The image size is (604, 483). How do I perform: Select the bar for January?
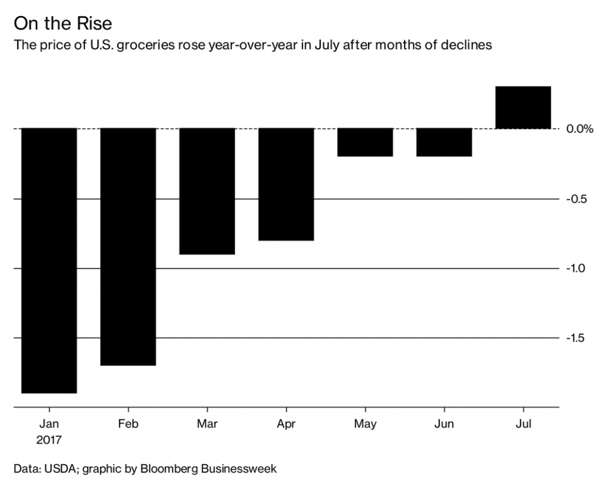50,260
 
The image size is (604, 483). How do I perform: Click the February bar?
128,247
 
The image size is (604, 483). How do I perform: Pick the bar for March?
207,191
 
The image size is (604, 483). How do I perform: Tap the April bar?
286,184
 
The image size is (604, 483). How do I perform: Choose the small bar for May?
365,142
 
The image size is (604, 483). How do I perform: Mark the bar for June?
444,142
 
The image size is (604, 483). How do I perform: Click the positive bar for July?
523,107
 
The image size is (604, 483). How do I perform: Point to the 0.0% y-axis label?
579,129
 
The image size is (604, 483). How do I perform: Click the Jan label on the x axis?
50,424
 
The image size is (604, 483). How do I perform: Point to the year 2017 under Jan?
50,440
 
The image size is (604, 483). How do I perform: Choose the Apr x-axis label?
286,424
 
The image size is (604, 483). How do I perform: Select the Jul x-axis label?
523,424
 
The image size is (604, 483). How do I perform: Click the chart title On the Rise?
63,24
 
